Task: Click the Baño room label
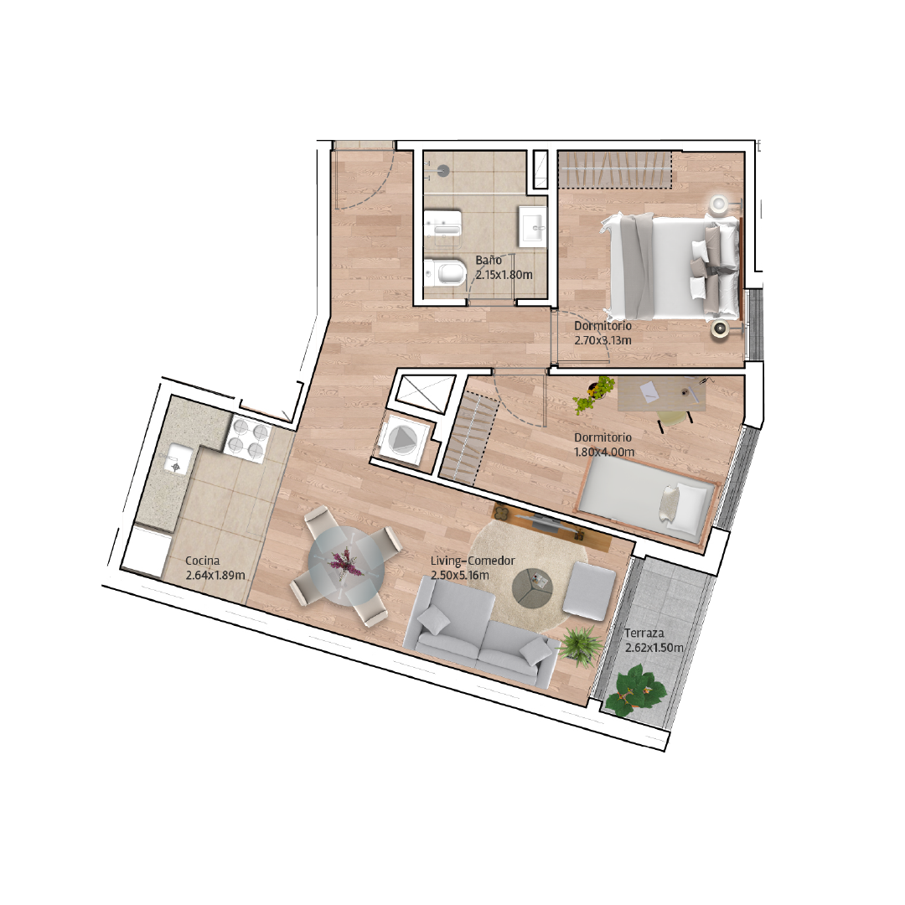pyautogui.click(x=489, y=261)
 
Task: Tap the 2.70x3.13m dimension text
pyautogui.click(x=602, y=340)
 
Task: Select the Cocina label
pyautogui.click(x=203, y=561)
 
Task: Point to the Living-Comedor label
pyautogui.click(x=473, y=561)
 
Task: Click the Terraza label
pyautogui.click(x=644, y=633)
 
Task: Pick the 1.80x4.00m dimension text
pyautogui.click(x=603, y=452)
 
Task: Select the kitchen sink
pyautogui.click(x=175, y=459)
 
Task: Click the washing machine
pyautogui.click(x=402, y=441)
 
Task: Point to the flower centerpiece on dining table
pyautogui.click(x=345, y=561)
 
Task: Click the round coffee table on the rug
pyautogui.click(x=533, y=588)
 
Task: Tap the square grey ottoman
pyautogui.click(x=589, y=591)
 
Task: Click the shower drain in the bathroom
pyautogui.click(x=443, y=169)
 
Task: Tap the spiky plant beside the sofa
pyautogui.click(x=579, y=645)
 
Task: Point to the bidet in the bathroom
pyautogui.click(x=442, y=225)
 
